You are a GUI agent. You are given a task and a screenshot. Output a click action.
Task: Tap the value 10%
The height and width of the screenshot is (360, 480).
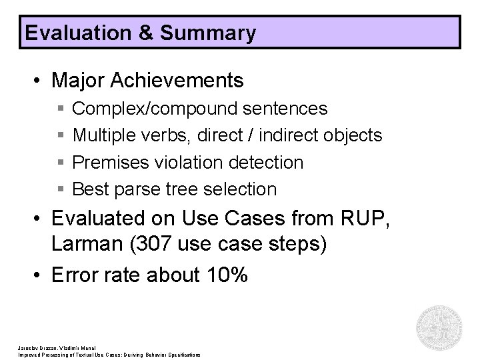(223, 274)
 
